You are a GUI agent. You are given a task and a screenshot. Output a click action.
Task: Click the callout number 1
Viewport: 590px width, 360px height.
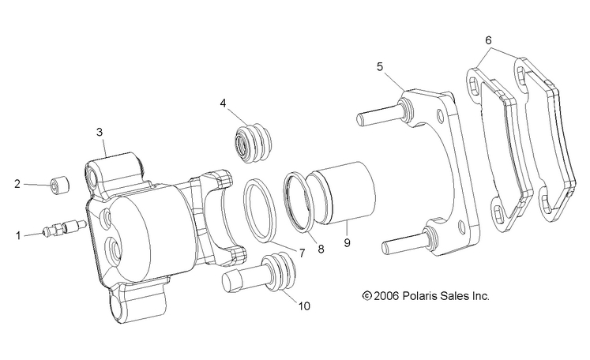pyautogui.click(x=18, y=234)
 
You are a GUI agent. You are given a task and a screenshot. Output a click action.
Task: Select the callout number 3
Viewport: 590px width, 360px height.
pyautogui.click(x=100, y=132)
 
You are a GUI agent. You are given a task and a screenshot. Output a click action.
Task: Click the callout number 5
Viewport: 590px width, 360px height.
pyautogui.click(x=380, y=67)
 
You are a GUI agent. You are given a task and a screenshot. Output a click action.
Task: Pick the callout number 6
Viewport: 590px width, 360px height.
pyautogui.click(x=489, y=39)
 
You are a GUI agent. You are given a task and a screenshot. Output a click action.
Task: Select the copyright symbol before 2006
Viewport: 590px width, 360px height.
pyautogui.click(x=366, y=297)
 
